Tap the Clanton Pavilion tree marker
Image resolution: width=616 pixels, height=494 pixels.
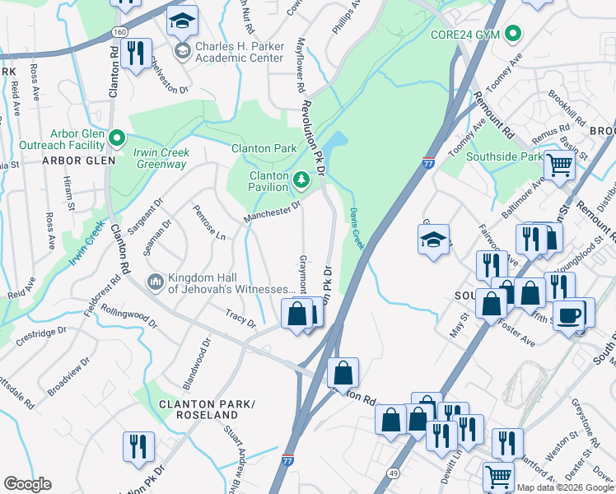(x=301, y=179)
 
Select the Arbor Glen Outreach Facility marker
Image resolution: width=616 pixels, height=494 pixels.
(x=117, y=137)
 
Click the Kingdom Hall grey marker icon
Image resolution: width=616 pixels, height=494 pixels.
(x=154, y=282)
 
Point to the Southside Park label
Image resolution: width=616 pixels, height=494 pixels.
(x=504, y=156)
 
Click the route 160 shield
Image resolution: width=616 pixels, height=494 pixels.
(x=119, y=30)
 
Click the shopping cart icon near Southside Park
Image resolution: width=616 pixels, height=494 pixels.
(x=560, y=165)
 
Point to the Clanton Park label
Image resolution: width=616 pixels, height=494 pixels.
(x=264, y=148)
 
